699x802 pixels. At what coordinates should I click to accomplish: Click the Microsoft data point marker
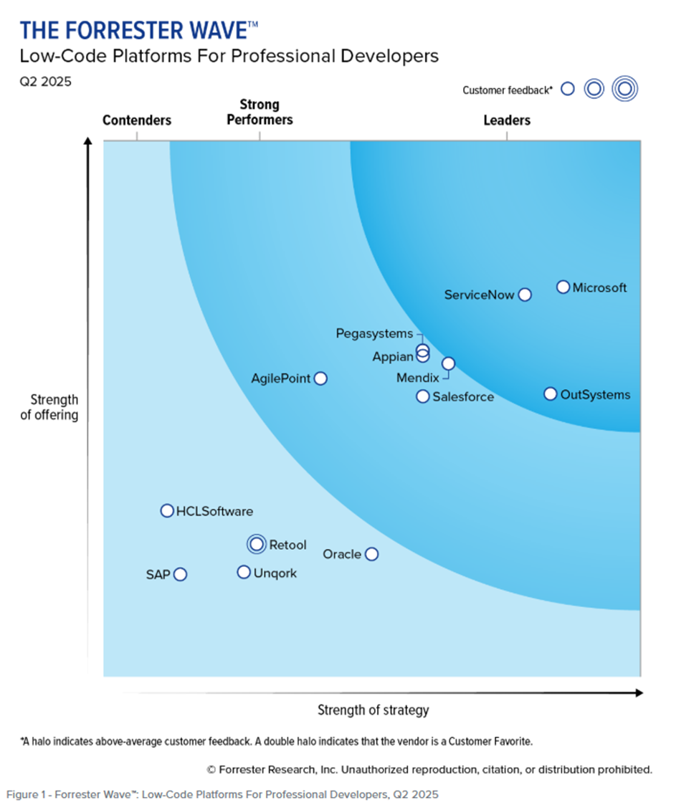pos(564,287)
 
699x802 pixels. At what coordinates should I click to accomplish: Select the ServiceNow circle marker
pos(525,295)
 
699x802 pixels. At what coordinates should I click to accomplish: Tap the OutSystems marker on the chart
pos(550,394)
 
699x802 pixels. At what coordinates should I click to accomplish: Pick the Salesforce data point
pos(423,396)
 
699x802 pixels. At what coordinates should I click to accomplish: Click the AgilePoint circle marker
pos(320,378)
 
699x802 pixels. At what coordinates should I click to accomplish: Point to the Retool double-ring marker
pos(256,545)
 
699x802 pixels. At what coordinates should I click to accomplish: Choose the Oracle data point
pos(371,554)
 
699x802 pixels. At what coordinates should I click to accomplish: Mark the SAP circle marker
pos(180,574)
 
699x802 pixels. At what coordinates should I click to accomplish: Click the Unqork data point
pos(244,573)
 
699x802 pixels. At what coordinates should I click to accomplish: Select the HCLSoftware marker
pos(167,511)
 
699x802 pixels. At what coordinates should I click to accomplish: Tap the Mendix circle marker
pos(448,363)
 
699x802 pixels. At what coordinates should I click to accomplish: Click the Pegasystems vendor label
pos(374,334)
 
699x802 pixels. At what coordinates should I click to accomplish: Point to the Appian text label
pos(392,356)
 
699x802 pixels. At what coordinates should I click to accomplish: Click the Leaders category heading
pos(507,120)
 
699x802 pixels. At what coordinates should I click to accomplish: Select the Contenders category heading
pos(137,120)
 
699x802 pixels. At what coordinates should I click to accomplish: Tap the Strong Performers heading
pos(260,113)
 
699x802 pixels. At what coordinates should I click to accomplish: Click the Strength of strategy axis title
pos(373,710)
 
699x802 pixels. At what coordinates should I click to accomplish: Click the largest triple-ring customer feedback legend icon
pos(624,89)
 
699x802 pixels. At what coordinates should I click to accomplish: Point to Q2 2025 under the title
pos(46,82)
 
